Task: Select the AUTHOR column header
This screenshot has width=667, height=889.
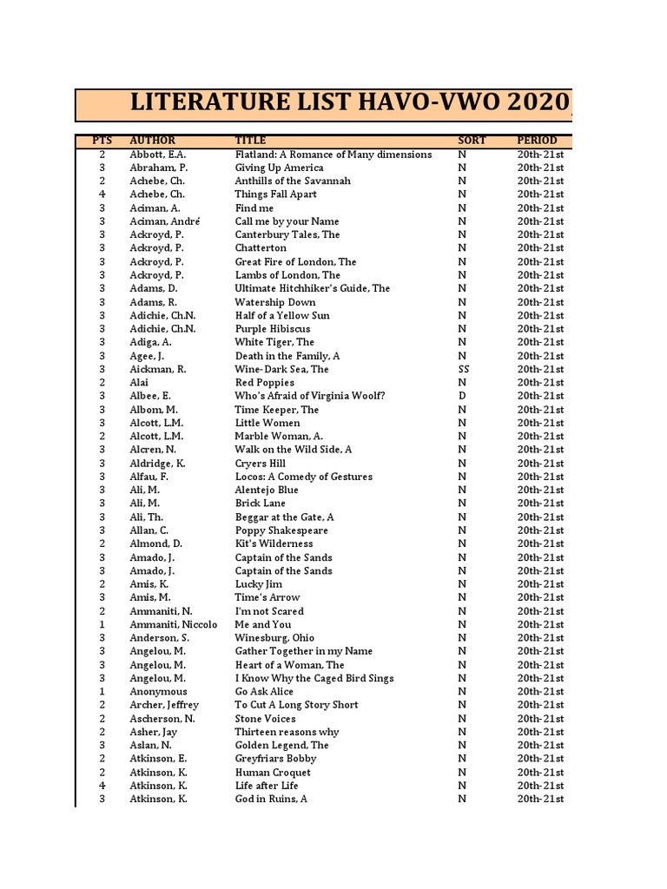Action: tap(152, 140)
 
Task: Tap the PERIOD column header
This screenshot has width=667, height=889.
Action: tap(537, 140)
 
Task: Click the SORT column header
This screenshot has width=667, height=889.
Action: tap(472, 140)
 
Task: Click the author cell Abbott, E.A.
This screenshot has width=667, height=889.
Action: tap(157, 155)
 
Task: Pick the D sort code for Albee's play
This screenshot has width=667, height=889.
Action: tap(462, 396)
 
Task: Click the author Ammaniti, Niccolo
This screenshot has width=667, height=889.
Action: tap(173, 624)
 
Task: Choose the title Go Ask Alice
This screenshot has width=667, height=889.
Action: tap(264, 691)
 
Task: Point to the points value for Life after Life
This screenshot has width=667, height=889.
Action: tap(102, 786)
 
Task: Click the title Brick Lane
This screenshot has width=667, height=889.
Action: tap(261, 504)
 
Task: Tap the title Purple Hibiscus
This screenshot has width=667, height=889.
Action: tap(272, 329)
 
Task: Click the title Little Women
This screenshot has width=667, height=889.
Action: tap(267, 423)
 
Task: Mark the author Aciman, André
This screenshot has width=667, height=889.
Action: tap(165, 221)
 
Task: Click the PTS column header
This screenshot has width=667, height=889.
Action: tap(102, 140)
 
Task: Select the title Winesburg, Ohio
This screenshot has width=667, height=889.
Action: tap(274, 637)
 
